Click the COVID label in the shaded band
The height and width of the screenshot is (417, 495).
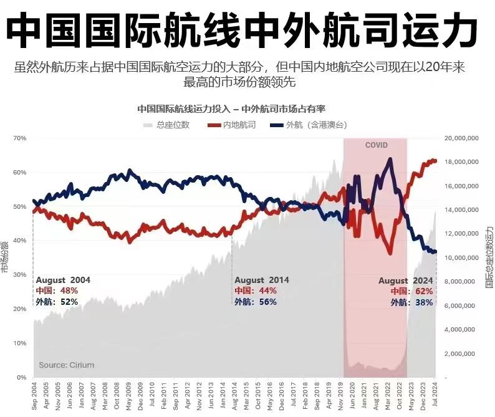pos(376,145)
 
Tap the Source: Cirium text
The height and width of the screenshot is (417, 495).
pos(67,365)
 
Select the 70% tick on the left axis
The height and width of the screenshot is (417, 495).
pos(20,138)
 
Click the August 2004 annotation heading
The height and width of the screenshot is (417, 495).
pos(63,280)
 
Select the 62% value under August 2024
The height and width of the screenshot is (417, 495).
pos(424,291)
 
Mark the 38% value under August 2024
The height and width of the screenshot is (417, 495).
pos(424,302)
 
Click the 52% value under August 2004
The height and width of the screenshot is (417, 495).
pos(69,302)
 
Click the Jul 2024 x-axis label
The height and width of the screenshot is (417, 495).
pos(435,396)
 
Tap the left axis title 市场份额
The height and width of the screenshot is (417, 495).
pos(6,256)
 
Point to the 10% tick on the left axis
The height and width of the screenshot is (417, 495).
pos(20,343)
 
